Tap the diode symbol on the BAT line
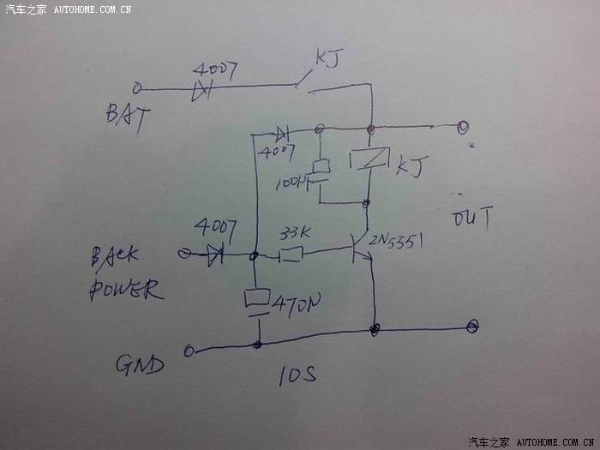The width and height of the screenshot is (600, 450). coord(203,89)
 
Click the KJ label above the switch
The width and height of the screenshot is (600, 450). coord(328,59)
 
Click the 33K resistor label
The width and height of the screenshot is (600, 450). coord(296,232)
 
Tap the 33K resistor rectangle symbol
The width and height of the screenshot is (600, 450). coord(291,254)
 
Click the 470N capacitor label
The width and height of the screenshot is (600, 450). coord(297,302)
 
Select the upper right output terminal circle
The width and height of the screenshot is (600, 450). coord(463,127)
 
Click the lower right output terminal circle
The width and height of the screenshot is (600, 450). coord(472,326)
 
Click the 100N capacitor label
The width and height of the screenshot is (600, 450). coord(291,183)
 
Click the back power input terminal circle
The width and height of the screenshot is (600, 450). coord(183,254)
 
